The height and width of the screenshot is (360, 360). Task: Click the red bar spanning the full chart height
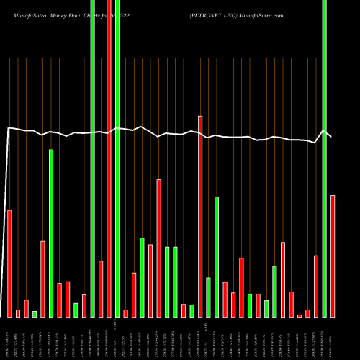point(109,158)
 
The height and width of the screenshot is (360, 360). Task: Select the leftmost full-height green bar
point(92,158)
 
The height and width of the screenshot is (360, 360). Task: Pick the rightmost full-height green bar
point(325,158)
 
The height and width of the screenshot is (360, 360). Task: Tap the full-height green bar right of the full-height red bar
point(117,158)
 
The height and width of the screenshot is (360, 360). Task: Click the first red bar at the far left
point(9,263)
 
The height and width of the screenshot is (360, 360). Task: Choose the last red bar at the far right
point(333,256)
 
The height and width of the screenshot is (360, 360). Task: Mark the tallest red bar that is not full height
point(200,216)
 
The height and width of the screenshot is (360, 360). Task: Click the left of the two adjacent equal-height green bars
point(167,282)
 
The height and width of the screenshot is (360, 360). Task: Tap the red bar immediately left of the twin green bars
point(158,248)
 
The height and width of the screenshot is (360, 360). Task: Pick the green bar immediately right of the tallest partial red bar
point(208,297)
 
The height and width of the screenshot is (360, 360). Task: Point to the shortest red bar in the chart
point(300,315)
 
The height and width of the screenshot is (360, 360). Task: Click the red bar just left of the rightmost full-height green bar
point(316,286)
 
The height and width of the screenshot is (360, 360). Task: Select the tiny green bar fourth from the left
point(35,314)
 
